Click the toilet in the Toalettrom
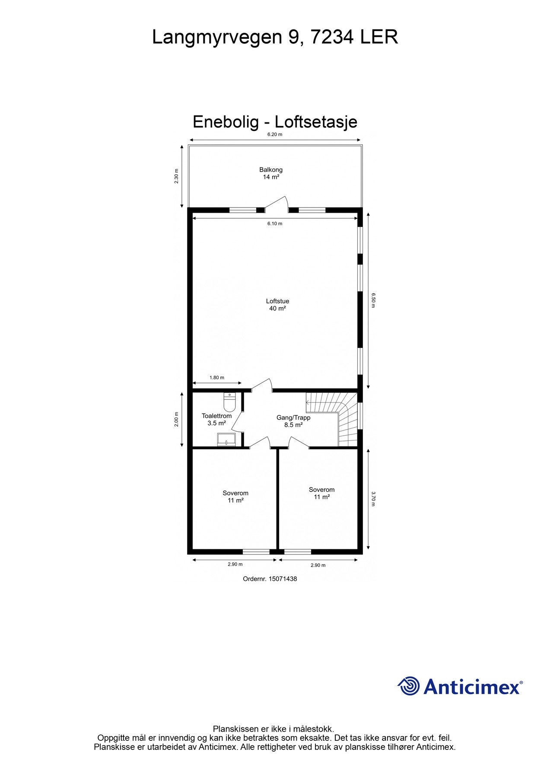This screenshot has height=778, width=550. [229, 402]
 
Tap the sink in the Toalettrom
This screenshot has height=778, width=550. [226, 439]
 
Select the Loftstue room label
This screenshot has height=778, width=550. [277, 301]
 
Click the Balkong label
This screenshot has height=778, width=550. [271, 170]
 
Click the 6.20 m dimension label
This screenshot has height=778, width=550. [274, 134]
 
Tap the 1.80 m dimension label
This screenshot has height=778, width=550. [217, 377]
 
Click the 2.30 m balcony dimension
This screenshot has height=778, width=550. [176, 176]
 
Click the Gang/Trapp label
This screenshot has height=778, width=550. [293, 418]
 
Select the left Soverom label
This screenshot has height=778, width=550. [235, 493]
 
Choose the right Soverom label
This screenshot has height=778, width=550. [321, 490]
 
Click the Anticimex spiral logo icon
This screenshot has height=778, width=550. [409, 686]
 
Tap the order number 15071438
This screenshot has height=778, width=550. [283, 579]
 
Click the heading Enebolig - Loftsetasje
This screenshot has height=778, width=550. [275, 122]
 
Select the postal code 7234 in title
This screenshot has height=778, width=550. [333, 37]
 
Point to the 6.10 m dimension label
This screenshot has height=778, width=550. [274, 223]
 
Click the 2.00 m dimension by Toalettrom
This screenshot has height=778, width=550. [176, 419]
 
